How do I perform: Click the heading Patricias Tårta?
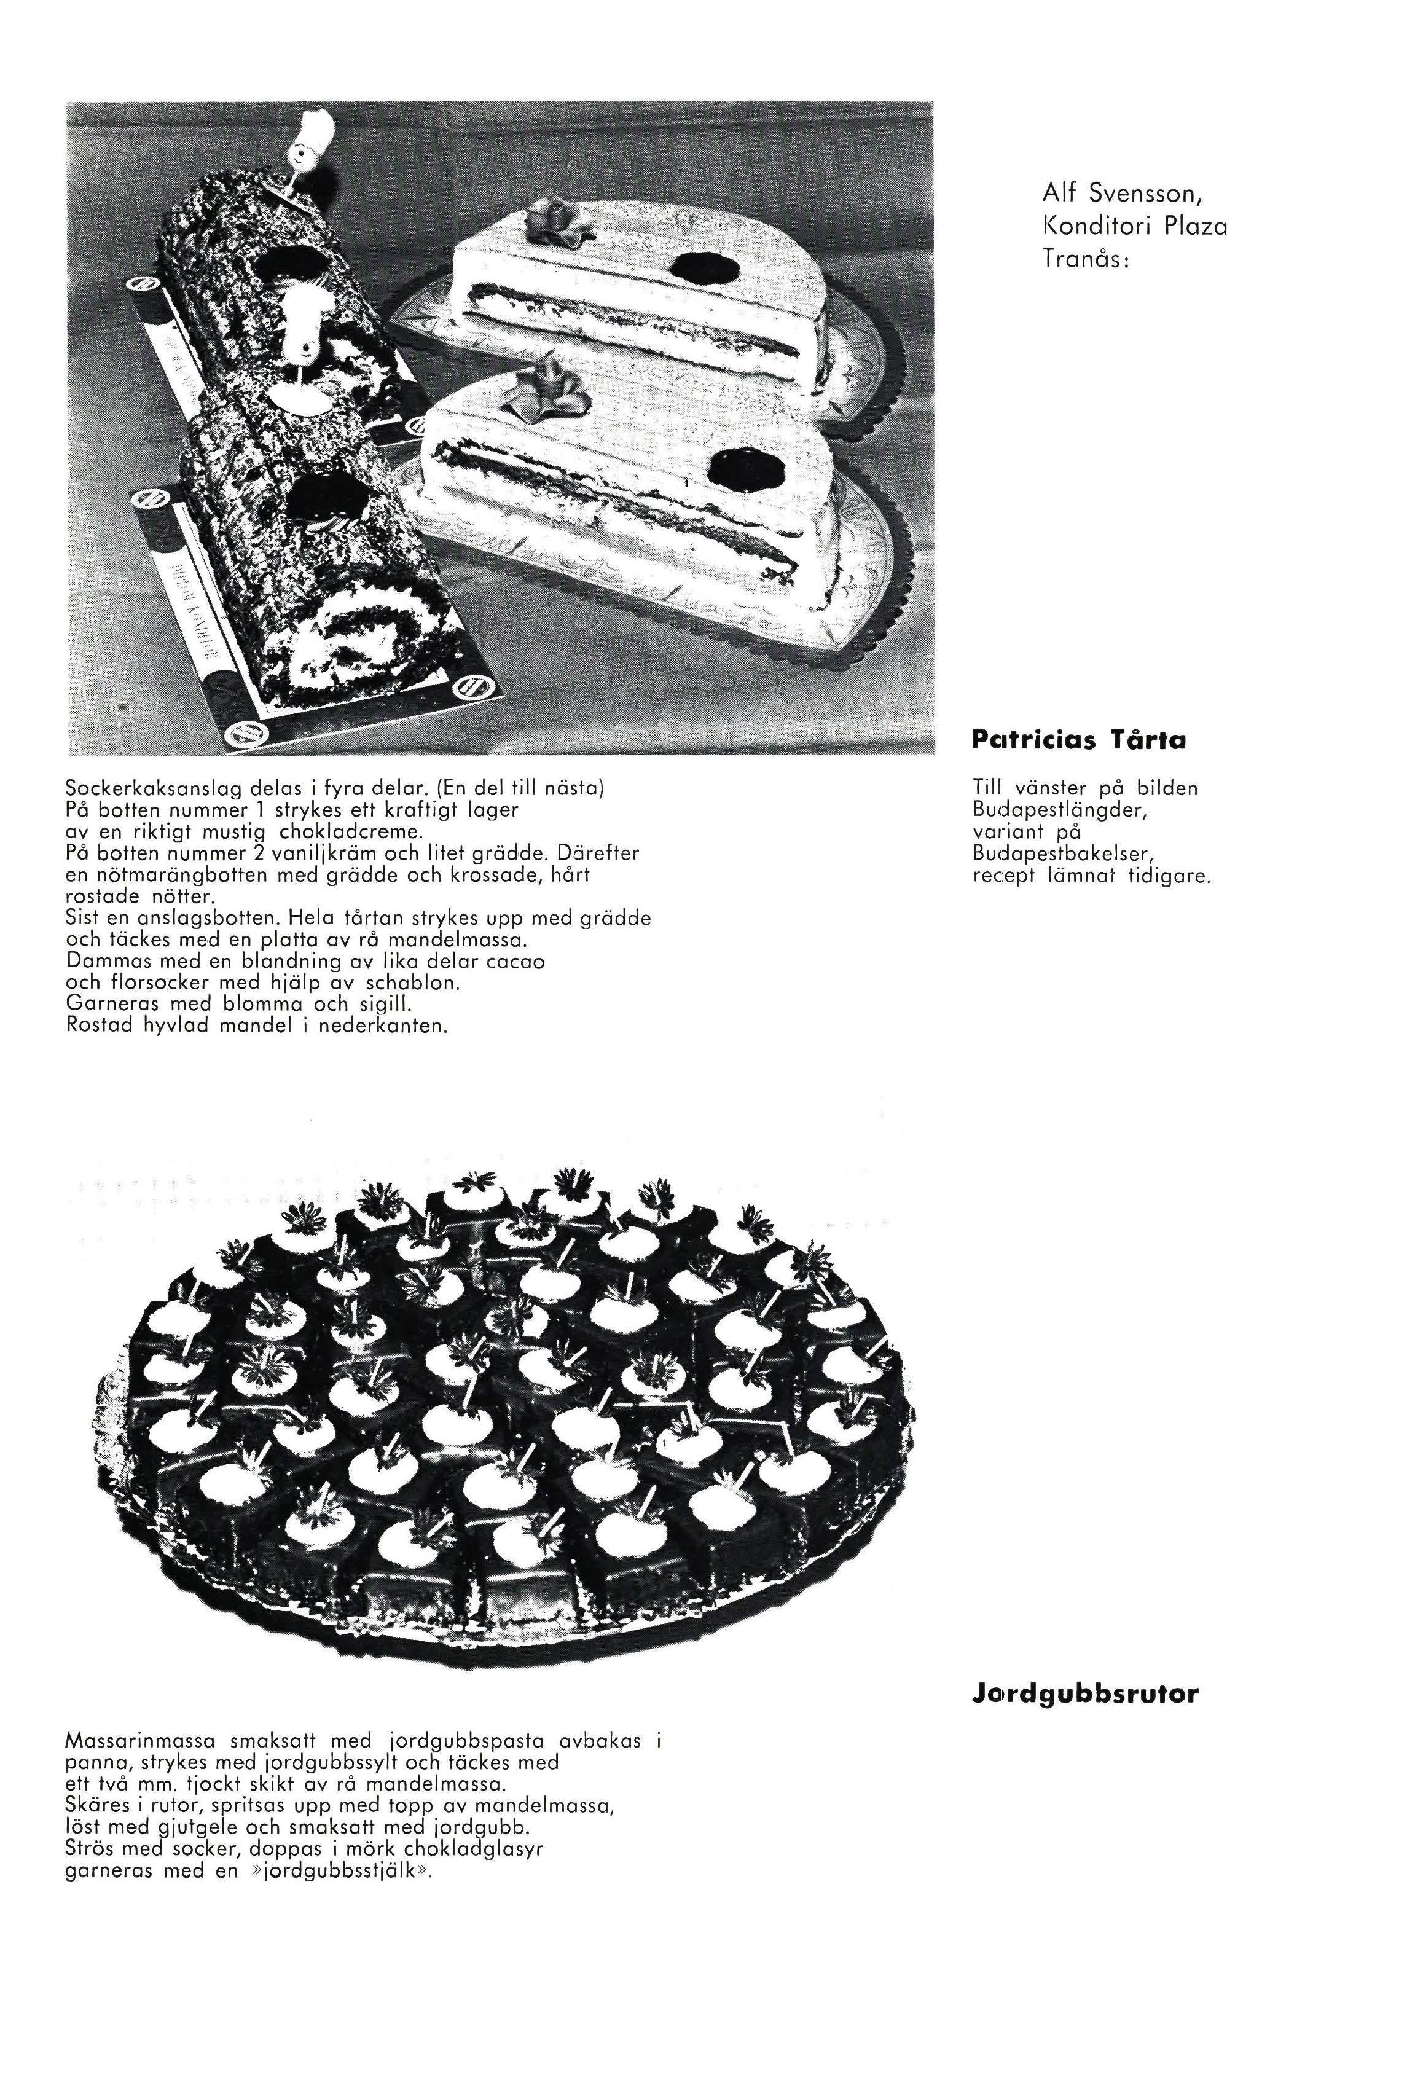[1078, 740]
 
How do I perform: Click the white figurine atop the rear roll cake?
[311, 143]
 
